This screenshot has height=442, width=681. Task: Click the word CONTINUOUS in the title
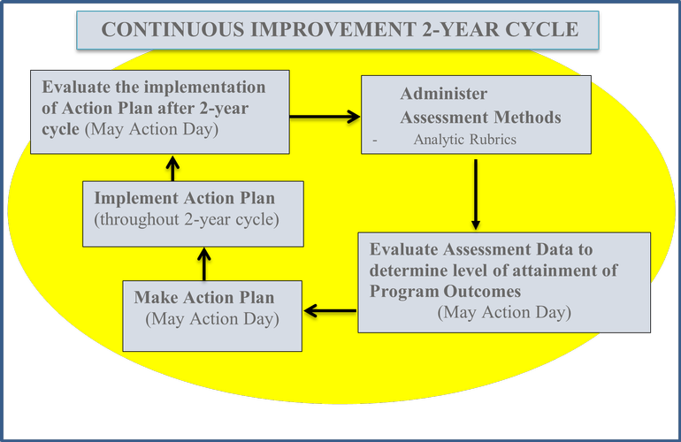(172, 29)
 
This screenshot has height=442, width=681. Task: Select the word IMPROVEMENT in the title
(333, 29)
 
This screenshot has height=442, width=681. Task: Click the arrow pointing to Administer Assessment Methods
(325, 117)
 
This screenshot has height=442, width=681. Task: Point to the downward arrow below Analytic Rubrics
(476, 194)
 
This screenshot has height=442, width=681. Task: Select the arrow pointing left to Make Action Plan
(330, 311)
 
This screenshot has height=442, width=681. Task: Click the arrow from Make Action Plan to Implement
(204, 264)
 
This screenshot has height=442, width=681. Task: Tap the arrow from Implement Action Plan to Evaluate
(172, 169)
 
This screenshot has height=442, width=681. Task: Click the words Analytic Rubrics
(464, 140)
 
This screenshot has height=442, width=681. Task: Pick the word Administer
(444, 94)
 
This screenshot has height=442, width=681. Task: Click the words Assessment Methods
(481, 118)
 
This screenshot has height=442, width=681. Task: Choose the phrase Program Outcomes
(445, 292)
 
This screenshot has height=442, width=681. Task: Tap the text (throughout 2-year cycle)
(187, 220)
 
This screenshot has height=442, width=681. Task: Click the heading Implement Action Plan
(185, 198)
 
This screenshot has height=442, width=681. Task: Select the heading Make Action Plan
(204, 297)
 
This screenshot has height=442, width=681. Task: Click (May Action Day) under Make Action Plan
(212, 319)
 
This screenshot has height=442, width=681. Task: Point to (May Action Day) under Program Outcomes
(504, 313)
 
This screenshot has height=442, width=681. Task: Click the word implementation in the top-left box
(204, 88)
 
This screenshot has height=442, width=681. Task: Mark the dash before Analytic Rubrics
(375, 140)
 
